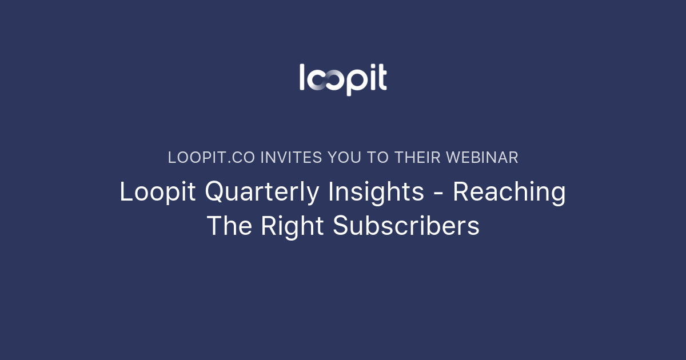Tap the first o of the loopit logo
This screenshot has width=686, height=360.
[x=317, y=81]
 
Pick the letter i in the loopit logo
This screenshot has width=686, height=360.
[x=370, y=78]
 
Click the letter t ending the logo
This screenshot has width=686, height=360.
[x=381, y=79]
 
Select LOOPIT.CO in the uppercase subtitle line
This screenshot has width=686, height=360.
[x=212, y=158]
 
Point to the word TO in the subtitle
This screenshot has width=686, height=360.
[x=377, y=158]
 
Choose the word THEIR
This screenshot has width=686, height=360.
[x=417, y=158]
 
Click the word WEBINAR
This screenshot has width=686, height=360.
[x=482, y=158]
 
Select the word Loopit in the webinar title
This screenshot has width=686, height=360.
[x=158, y=193]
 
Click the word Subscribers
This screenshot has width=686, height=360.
[x=406, y=226]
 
